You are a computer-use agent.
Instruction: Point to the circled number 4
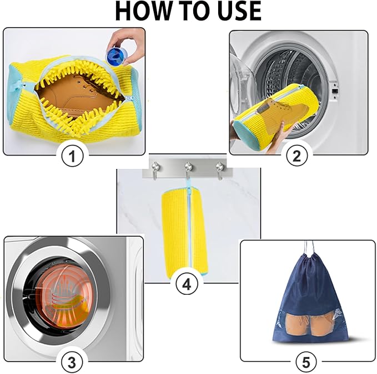click(x=187, y=284)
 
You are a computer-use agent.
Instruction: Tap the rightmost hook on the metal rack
click(x=220, y=168)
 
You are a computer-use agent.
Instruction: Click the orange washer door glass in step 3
click(x=61, y=296)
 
